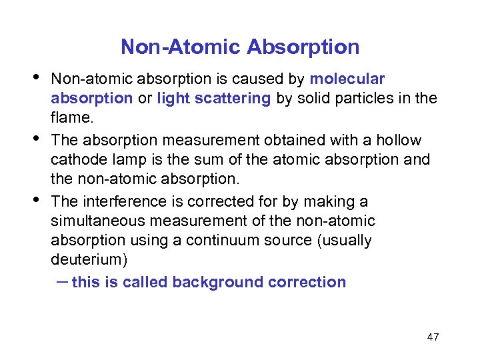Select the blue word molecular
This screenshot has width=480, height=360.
[x=347, y=79]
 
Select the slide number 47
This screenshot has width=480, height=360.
[x=433, y=337]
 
